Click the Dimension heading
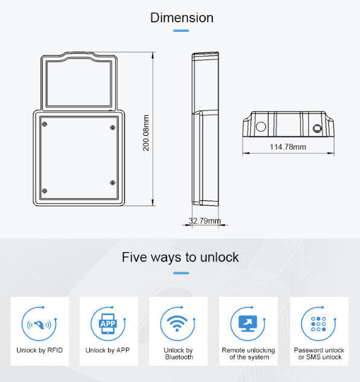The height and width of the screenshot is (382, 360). (181, 18)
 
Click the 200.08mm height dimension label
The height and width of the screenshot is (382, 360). (146, 132)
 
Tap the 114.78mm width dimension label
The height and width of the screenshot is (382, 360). (288, 147)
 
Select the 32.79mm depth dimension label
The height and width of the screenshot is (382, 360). (204, 221)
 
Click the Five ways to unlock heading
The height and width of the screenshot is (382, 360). (180, 257)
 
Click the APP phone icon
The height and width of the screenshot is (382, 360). (108, 324)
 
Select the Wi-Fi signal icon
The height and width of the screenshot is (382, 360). (178, 324)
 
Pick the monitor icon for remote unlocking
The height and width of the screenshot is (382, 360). (248, 324)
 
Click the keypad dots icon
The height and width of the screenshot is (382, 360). (318, 324)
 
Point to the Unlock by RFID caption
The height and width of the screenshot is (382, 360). (39, 350)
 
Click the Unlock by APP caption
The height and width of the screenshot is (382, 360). (108, 350)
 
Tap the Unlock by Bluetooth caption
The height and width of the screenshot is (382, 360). (178, 354)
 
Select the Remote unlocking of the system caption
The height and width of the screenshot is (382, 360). (248, 354)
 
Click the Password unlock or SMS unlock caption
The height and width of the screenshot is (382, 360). (318, 354)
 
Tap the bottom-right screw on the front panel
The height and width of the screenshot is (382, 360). (112, 182)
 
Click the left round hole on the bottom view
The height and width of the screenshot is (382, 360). (261, 127)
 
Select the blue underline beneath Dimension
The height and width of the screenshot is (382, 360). (181, 31)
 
